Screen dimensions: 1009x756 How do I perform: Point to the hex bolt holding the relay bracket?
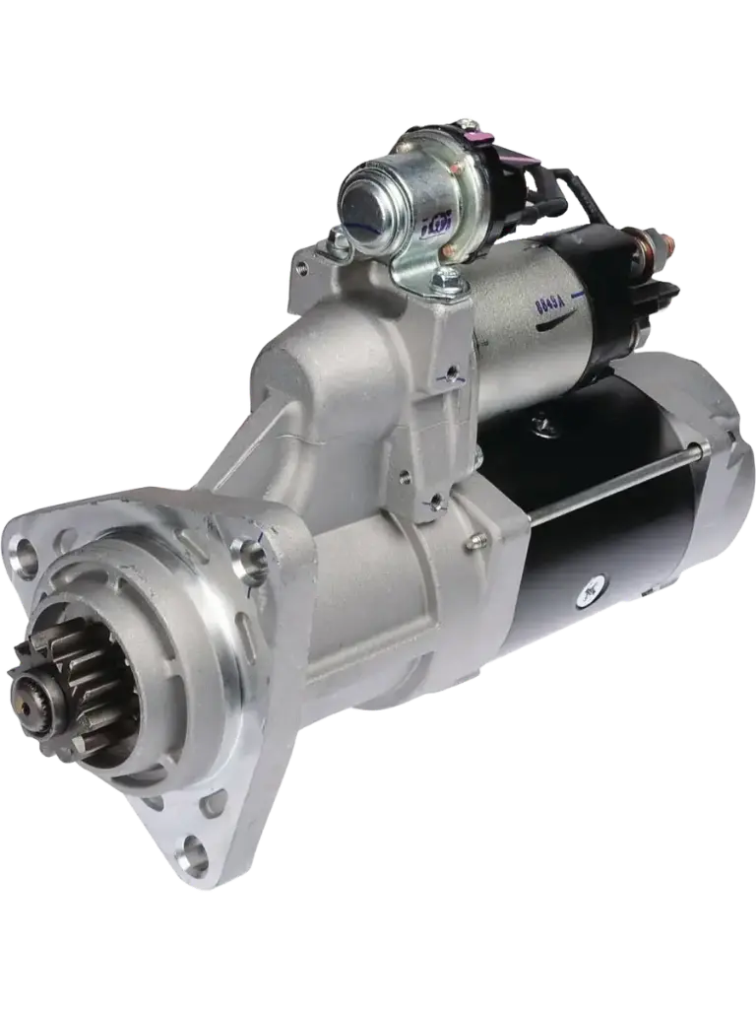pos(447,283)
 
